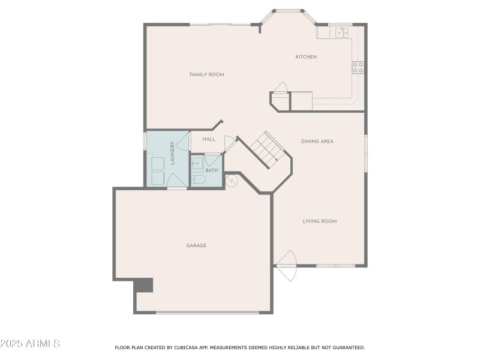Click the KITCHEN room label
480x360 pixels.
coord(306,57)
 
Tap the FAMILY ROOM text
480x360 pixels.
coord(206,74)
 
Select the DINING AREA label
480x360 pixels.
coord(317,141)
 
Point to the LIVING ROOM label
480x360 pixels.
coord(319,221)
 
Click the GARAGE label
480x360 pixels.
coord(196,245)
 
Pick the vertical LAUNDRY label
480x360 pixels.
coord(172,152)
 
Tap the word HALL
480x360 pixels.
coord(209,139)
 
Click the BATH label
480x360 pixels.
coord(212,170)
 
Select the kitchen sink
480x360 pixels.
coord(342,32)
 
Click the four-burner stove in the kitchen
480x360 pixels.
coord(358,67)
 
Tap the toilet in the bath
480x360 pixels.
coord(197,179)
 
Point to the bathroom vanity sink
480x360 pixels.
coord(197,163)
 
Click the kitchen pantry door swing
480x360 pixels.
coord(281,88)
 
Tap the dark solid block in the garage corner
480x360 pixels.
coord(144,285)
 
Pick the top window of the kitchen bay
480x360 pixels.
coord(288,11)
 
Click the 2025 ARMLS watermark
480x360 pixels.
coord(30,344)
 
